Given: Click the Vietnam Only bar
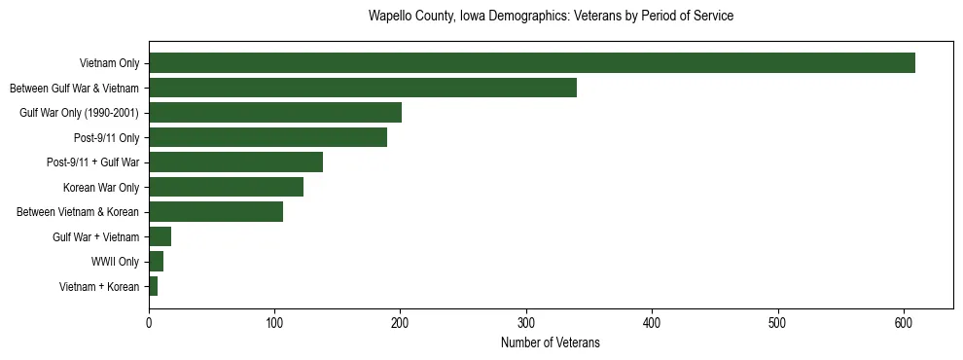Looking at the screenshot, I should click(x=531, y=63).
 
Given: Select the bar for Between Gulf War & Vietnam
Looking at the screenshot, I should click(x=362, y=88).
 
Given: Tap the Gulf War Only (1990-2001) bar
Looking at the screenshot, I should click(x=274, y=113).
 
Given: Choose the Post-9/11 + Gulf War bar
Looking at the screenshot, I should click(x=235, y=162).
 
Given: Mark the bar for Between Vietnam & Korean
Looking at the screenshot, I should click(x=215, y=212).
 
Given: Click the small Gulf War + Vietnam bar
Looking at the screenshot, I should click(x=160, y=236).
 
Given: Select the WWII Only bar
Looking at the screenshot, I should click(x=156, y=262).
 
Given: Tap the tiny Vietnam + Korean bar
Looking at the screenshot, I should click(x=153, y=286).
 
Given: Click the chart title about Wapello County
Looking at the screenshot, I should click(x=551, y=17).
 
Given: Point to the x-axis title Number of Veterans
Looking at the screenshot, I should click(x=551, y=343).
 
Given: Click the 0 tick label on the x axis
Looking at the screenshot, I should click(x=149, y=324).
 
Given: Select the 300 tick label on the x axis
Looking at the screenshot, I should click(x=526, y=324).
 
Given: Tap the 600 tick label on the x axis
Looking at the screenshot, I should click(x=904, y=324).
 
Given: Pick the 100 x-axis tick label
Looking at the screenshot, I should click(x=274, y=324).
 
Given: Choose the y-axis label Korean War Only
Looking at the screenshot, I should click(x=101, y=187).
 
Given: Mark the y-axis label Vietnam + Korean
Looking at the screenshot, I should click(x=99, y=287).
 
